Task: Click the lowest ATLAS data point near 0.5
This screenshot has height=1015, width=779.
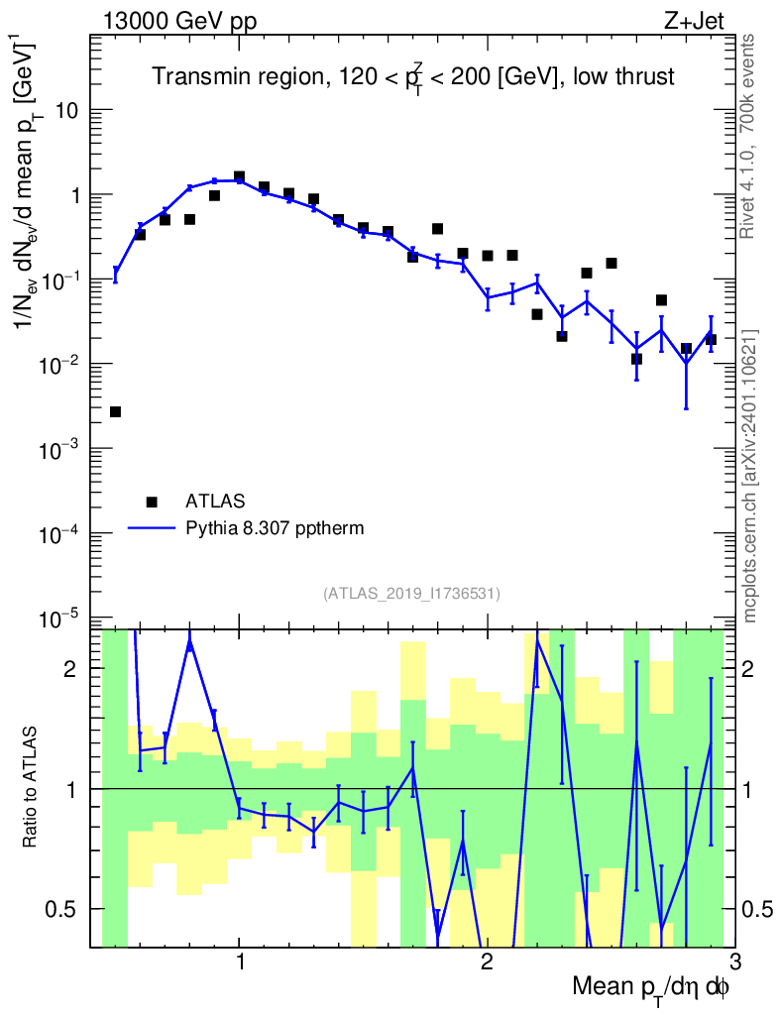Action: pos(115,411)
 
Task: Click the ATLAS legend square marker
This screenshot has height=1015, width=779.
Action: pos(152,501)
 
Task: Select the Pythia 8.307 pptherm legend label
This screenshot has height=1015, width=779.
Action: pos(275,528)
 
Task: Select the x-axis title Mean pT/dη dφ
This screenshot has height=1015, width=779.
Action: pos(651,988)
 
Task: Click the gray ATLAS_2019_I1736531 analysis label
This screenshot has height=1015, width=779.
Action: pos(411,594)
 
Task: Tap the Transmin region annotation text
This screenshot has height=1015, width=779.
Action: pos(412,77)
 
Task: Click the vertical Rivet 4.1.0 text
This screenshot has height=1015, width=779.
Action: pos(748,136)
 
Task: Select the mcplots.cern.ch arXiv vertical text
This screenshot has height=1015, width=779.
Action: pos(750,476)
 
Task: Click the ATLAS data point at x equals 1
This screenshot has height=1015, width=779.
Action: pos(239,176)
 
